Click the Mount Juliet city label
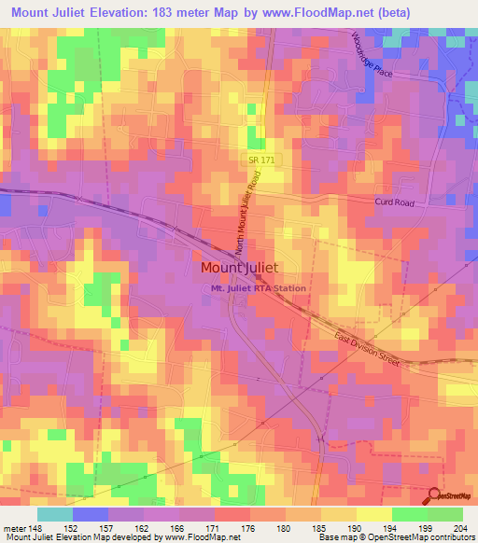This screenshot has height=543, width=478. tap(239, 268)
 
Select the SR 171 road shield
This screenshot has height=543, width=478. tap(261, 160)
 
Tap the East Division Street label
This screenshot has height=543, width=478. tap(366, 349)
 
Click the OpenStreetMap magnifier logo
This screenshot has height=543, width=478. tap(436, 497)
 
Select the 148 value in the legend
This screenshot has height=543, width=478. tap(26, 528)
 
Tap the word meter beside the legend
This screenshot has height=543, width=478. tap(10, 528)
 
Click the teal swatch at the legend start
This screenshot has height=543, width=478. tap(54, 514)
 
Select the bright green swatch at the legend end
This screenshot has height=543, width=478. tap(445, 514)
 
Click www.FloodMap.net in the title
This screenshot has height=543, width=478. tap(317, 13)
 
